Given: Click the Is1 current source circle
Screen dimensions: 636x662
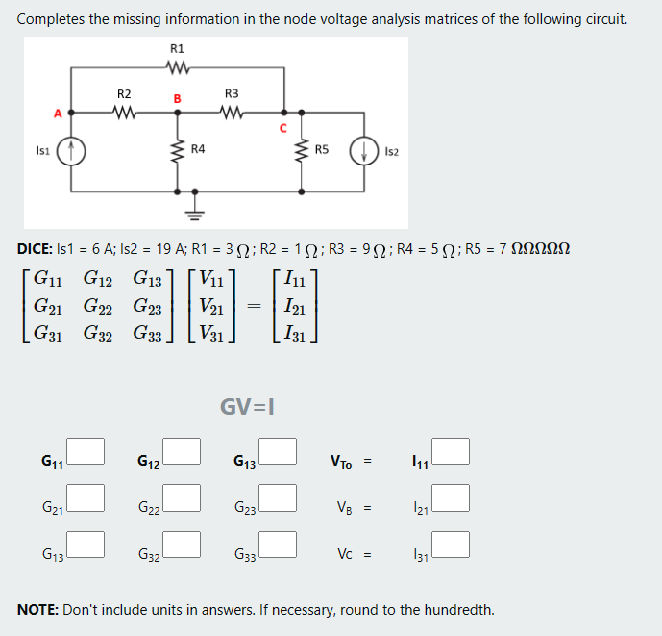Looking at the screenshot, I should pos(73,151).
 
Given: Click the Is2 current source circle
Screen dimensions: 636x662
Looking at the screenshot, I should pos(366,151).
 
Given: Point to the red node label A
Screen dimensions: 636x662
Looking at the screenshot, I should pos(57,113).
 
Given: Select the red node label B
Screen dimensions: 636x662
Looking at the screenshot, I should pos(176,98).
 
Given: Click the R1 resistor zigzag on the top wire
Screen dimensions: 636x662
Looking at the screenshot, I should pos(177,67).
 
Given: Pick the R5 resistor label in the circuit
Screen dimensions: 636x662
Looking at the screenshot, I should pos(322,150).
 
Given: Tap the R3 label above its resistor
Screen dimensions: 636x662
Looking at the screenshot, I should pos(231,93).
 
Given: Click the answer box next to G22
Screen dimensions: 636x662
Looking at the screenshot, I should pos(182,497).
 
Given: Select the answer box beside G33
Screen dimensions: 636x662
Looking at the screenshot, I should pos(277,545).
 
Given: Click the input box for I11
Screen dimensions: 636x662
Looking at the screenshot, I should pos(451,450).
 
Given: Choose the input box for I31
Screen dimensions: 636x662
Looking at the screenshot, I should pos(451,545).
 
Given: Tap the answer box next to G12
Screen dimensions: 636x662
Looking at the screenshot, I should pos(182,450).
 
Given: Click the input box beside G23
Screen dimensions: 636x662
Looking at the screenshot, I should pos(277,497).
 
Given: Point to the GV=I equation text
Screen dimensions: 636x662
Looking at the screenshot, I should pos(249,406).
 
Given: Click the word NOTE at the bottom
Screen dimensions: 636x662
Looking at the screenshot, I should pos(38,610).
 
